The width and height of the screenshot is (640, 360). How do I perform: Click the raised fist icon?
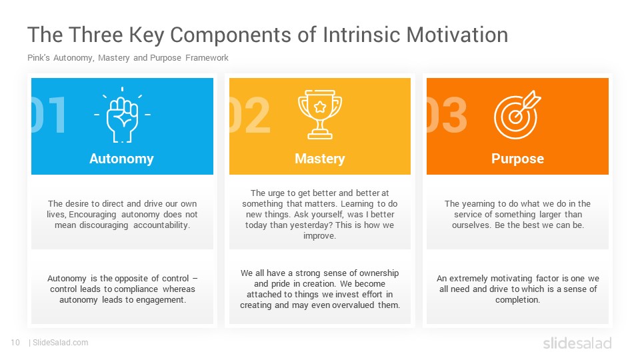pos(122,115)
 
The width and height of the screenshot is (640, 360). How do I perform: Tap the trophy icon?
pos(320,115)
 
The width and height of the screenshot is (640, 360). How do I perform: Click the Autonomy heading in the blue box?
pos(121,159)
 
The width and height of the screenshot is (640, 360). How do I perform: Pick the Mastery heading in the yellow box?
pos(320,159)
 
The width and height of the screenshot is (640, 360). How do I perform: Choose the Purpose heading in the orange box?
pos(517,159)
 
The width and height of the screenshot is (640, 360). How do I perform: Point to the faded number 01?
pos(49,115)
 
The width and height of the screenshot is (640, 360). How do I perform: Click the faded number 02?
pos(250,115)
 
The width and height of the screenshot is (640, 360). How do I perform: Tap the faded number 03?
pos(447,115)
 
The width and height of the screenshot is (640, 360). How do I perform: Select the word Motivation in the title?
pos(457,35)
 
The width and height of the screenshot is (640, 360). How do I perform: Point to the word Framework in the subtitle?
pos(207,58)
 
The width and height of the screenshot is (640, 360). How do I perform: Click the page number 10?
pos(15,343)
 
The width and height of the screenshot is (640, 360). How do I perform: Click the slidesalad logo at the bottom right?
pos(577,343)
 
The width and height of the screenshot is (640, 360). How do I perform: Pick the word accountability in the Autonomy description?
pos(161,225)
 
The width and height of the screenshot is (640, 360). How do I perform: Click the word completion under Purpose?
pos(517,300)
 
